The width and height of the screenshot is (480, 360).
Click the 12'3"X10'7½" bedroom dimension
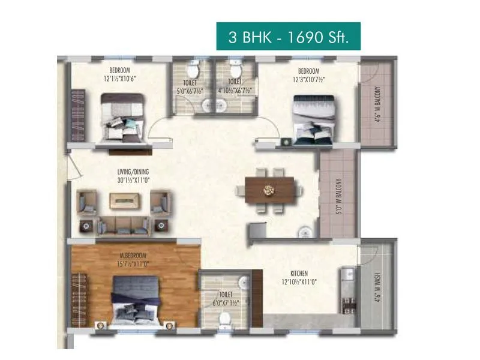[x=308, y=79]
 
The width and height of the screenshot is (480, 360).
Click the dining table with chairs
[x=268, y=191]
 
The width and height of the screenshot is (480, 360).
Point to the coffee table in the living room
[x=125, y=201]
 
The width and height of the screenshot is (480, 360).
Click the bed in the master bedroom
[x=135, y=301]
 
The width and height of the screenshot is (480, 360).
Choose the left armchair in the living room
[x=88, y=202]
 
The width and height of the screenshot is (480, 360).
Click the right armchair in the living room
[x=160, y=202]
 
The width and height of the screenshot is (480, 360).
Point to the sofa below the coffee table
[x=123, y=226]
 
